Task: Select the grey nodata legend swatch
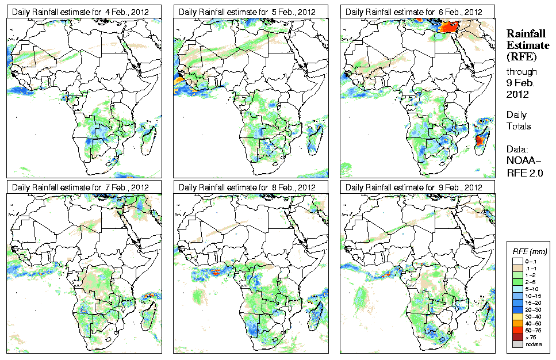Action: click(517, 344)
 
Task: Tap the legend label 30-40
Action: click(532, 315)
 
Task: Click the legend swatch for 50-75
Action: click(517, 330)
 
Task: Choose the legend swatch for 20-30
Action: click(517, 308)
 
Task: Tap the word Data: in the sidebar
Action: click(519, 148)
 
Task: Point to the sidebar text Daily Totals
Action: click(519, 121)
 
